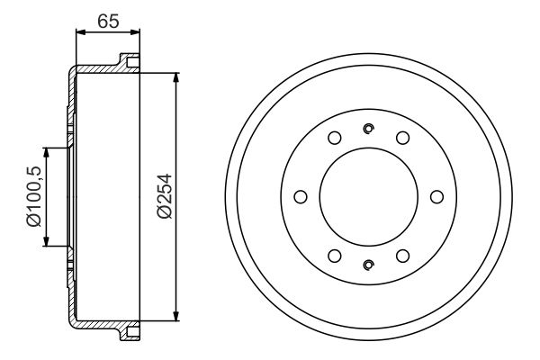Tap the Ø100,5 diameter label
point(33,196)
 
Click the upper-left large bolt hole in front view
point(334,138)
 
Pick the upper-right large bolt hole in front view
point(402,138)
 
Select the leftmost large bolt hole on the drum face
point(300,196)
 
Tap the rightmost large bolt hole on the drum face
point(436,196)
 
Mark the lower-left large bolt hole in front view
point(334,256)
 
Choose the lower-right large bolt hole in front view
point(402,256)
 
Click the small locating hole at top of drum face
point(368,128)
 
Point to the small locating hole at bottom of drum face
point(368,265)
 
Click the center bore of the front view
point(368,196)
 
